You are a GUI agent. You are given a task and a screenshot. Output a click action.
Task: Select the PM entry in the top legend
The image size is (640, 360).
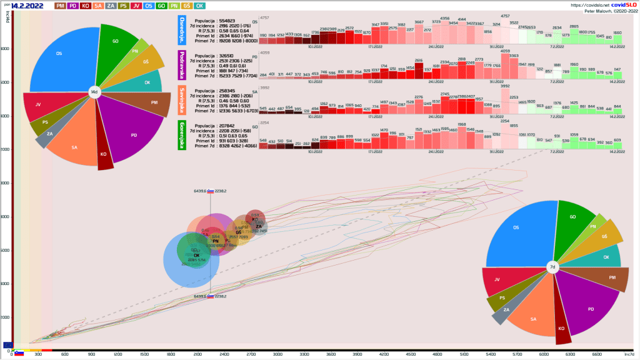point(61,6)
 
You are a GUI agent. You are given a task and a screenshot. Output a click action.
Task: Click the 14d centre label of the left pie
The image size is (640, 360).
point(94,92)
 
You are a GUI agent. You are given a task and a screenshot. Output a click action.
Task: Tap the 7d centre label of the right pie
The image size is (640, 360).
point(552,267)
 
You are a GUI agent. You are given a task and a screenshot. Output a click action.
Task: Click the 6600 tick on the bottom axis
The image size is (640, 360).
point(596,354)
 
